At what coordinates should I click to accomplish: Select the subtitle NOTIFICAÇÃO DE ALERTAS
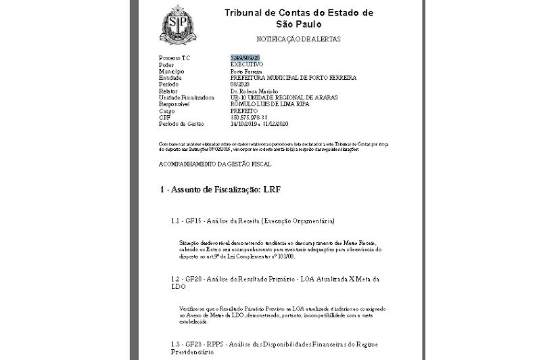(x=298, y=39)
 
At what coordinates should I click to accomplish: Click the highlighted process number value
(x=246, y=58)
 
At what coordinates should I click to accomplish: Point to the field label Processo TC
(x=175, y=58)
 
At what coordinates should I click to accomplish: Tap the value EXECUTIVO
(x=247, y=64)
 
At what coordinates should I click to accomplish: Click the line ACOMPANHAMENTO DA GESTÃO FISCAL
(x=215, y=164)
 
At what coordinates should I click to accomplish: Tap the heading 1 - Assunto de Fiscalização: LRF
(x=220, y=189)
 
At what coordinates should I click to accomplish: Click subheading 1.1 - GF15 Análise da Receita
(x=253, y=221)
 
